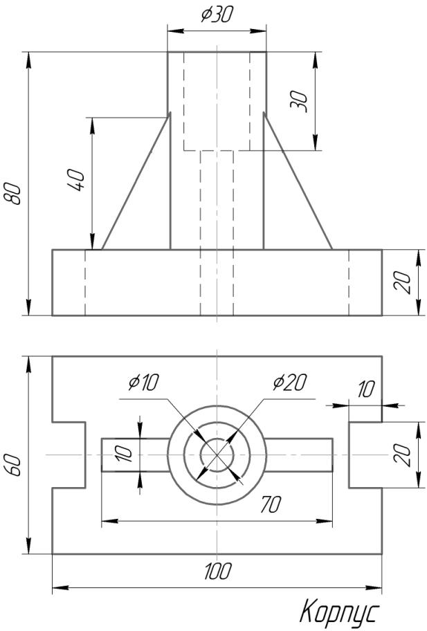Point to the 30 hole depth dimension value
click(298, 101)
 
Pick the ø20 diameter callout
click(289, 381)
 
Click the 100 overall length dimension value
click(217, 572)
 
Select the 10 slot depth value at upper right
click(365, 389)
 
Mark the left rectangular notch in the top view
click(69, 455)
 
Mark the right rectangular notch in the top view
click(365, 455)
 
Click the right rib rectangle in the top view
click(299, 455)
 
